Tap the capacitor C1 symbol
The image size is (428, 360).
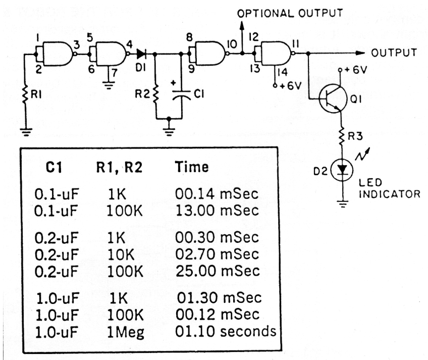point(180,93)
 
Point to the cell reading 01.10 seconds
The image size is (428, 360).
point(226,332)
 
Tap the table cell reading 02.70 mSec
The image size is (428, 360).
point(217,252)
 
